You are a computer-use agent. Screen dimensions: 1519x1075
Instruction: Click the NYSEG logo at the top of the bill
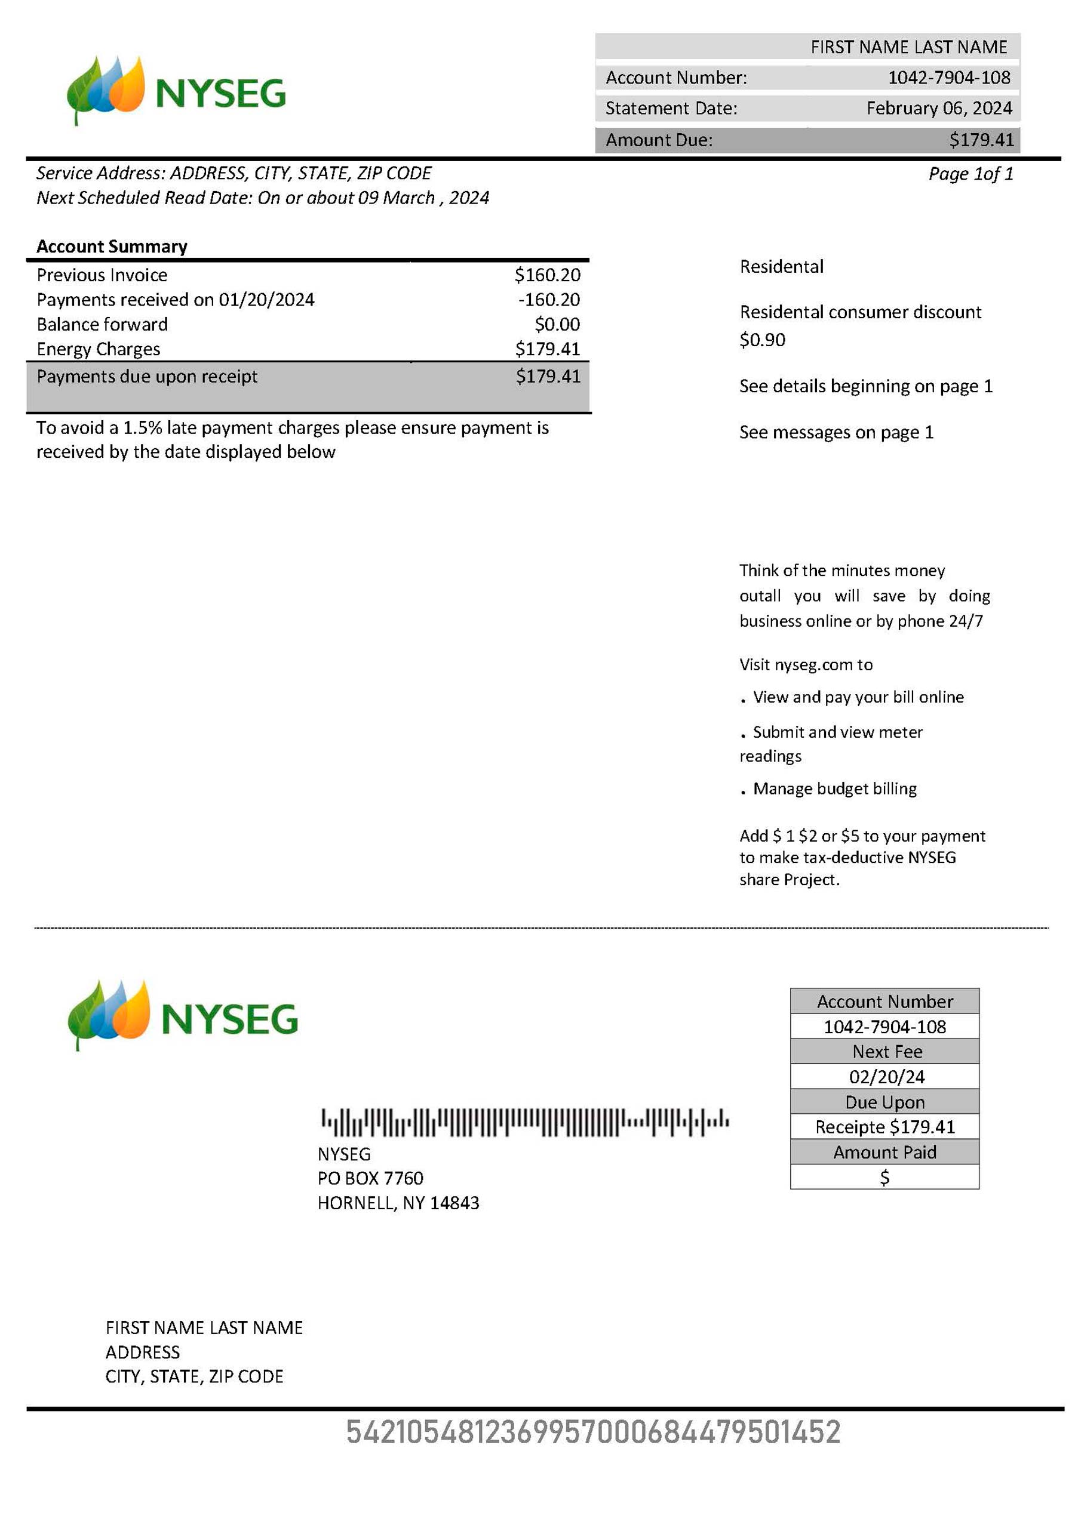[x=176, y=91]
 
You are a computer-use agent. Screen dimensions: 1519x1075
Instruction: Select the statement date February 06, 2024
[x=939, y=109]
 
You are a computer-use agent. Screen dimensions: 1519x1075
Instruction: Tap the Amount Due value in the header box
[x=981, y=140]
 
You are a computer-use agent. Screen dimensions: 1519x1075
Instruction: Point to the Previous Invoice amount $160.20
[x=547, y=275]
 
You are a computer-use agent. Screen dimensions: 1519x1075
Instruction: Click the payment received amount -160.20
[x=549, y=300]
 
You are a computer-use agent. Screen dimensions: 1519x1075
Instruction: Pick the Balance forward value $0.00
[x=557, y=324]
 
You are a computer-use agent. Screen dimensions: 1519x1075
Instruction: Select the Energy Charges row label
[x=99, y=349]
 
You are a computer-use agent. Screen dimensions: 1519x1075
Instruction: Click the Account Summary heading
[x=112, y=247]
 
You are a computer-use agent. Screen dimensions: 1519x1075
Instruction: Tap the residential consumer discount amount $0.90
[x=762, y=340]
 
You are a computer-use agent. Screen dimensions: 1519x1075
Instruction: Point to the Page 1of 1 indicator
[x=970, y=174]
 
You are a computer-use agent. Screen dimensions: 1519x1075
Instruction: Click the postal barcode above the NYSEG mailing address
[x=525, y=1122]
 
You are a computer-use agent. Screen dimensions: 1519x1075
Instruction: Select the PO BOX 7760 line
[x=370, y=1178]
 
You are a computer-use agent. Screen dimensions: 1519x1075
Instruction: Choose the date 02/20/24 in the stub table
[x=886, y=1077]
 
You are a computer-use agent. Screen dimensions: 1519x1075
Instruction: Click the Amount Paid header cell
[x=884, y=1153]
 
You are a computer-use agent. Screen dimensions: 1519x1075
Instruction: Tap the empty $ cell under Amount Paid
[x=884, y=1178]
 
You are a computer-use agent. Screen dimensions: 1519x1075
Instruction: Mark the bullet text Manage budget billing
[x=834, y=788]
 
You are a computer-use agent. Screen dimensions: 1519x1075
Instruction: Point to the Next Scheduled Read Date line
[x=263, y=198]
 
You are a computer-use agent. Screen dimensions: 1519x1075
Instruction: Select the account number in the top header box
[x=948, y=78]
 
